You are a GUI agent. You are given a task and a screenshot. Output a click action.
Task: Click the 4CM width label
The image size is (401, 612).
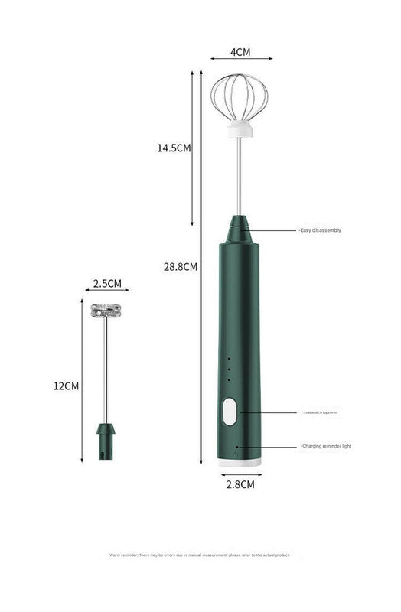[241, 53]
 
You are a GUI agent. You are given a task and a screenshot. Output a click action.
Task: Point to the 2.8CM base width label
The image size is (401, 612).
[240, 484]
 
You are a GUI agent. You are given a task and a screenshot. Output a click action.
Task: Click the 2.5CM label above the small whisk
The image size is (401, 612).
[107, 283]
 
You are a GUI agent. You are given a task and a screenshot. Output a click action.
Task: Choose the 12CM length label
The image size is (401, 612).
[66, 386]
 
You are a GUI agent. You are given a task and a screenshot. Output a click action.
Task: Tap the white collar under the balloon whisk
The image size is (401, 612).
[240, 131]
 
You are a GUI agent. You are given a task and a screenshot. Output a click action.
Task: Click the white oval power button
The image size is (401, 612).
[229, 413]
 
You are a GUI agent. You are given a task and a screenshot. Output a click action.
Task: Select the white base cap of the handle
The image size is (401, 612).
[240, 463]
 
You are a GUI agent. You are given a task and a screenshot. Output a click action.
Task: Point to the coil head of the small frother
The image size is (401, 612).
[106, 311]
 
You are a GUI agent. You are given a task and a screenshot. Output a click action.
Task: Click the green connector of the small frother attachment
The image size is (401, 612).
[106, 440]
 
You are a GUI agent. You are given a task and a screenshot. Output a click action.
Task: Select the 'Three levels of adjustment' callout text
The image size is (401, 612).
[320, 412]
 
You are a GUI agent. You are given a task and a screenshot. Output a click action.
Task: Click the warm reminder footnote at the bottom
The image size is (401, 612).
[200, 555]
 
